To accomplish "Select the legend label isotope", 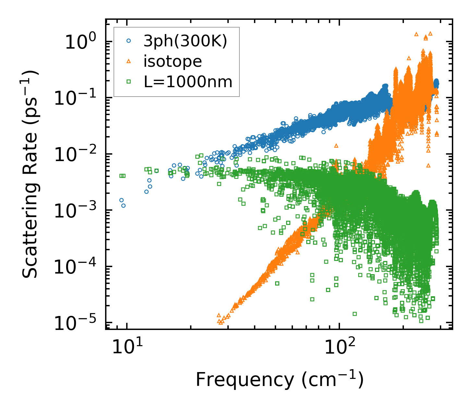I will tap(173, 61).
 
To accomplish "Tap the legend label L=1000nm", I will tap(188, 82).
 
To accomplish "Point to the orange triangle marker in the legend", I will tap(128, 61).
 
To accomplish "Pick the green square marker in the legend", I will tap(128, 82).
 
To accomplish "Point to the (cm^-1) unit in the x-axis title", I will tap(332, 379).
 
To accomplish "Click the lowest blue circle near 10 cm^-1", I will tap(123, 205).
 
